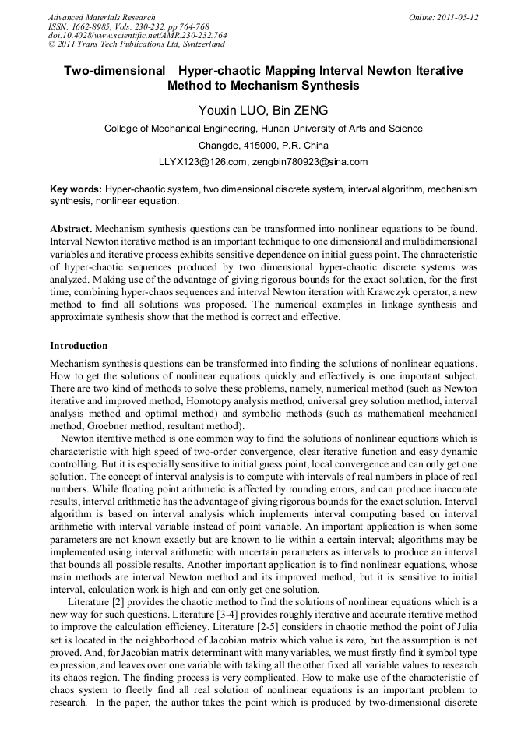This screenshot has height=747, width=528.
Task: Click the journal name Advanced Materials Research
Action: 101,17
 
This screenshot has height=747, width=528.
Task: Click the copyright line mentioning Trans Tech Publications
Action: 128,45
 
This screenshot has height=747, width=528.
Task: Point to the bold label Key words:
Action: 76,189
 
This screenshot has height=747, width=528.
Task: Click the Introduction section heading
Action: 79,345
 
